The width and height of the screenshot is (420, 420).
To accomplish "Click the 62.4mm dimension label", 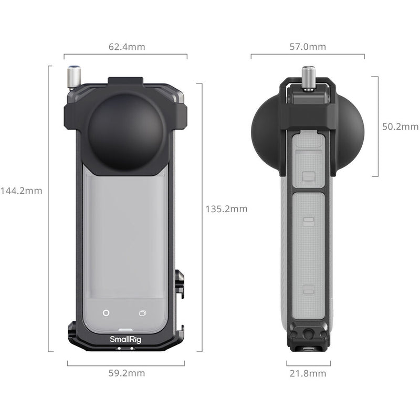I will coord(126,47).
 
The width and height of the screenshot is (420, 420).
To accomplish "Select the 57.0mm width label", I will coord(308,47).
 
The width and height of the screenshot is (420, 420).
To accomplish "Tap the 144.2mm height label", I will coord(21,191).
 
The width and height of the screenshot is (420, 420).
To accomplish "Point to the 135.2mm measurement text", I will coord(226,209).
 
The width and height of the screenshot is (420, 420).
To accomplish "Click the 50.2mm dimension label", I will coord(400,127).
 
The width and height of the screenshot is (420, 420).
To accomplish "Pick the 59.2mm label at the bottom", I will coord(126,373).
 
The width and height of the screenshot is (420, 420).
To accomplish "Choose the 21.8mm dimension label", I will coord(308,373).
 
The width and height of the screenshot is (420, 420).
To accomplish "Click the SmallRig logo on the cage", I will coord(125,339).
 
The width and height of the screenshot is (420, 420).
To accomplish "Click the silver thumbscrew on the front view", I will coord(74,77).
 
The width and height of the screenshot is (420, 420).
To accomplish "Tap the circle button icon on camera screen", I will coord(106,313).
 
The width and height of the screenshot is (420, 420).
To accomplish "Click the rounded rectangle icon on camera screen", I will coord(142,313).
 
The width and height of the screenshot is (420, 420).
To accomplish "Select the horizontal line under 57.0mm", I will coord(308,54).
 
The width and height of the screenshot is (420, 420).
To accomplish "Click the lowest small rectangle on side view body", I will coord(309,289).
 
